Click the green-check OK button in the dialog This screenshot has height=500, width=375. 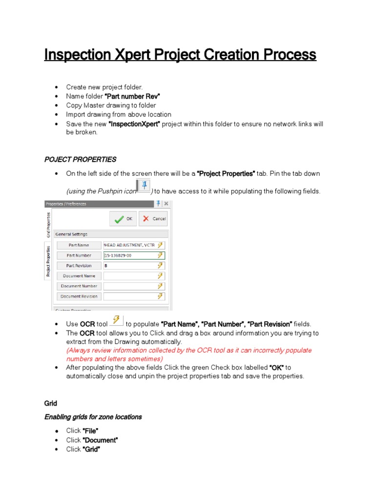(x=123, y=219)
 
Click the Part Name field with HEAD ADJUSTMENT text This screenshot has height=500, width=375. (x=130, y=245)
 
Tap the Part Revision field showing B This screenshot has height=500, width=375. (x=130, y=266)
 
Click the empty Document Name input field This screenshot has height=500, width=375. (x=130, y=276)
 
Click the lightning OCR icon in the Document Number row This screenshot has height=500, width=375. (x=160, y=286)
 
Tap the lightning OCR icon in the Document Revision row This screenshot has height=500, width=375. (x=160, y=296)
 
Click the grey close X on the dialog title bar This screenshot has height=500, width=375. (x=166, y=204)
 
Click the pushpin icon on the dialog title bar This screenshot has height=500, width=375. (x=158, y=204)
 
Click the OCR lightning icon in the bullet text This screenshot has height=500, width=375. (x=117, y=320)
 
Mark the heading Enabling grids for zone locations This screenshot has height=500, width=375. (x=93, y=417)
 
